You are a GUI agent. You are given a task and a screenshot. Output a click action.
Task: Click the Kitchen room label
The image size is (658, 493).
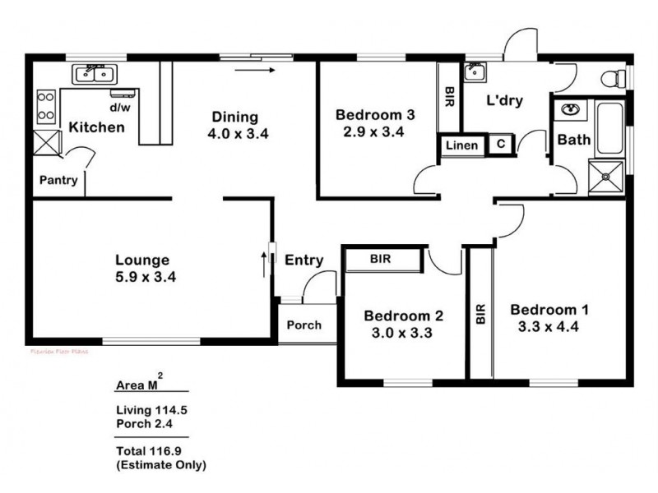96,127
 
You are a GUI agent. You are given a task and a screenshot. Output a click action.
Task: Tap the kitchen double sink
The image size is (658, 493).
95,76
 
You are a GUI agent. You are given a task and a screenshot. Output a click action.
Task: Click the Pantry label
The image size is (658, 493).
58,181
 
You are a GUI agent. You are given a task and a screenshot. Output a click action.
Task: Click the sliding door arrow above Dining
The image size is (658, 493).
253,71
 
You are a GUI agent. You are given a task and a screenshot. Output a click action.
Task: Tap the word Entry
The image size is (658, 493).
304,260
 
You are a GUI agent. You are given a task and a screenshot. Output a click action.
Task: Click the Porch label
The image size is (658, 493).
304,325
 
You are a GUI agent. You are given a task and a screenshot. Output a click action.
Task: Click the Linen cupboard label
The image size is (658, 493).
461,145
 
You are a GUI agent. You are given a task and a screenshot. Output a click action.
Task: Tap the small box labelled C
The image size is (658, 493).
500,145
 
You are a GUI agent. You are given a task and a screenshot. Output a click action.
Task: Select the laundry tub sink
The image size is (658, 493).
475,73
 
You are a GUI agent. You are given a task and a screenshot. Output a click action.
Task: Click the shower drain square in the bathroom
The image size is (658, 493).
605,174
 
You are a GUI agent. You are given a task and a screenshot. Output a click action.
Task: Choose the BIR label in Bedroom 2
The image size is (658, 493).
380,259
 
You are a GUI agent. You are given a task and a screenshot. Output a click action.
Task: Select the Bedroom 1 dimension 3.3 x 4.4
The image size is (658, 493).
549,326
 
